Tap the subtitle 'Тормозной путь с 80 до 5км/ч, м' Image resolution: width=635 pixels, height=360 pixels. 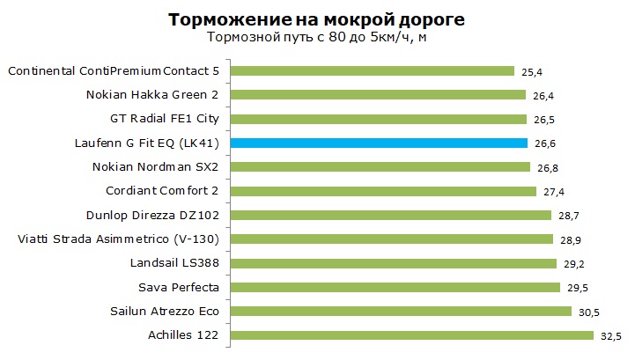317,37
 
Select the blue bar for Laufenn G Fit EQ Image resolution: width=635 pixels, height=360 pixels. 379,143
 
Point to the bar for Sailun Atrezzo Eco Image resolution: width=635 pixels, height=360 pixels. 402,311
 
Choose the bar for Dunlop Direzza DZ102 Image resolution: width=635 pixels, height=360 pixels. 391,215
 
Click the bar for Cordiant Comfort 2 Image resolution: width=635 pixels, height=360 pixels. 384,191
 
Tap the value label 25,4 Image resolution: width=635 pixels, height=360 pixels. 530,70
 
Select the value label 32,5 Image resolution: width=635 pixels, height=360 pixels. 609,334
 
